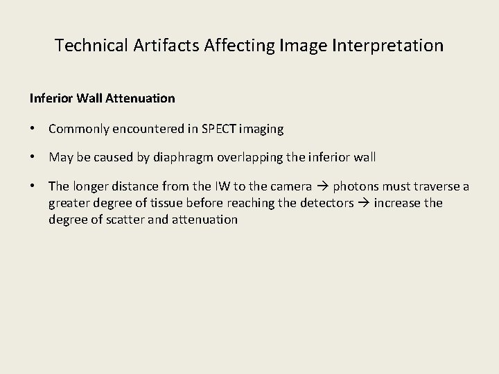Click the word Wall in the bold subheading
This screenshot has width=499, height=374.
[88, 98]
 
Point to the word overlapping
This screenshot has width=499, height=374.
[248, 157]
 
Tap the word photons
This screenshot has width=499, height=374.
[354, 187]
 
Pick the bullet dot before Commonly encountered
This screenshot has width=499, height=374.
[33, 129]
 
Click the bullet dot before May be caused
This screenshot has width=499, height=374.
[33, 157]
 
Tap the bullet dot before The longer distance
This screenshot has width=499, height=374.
[33, 187]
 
